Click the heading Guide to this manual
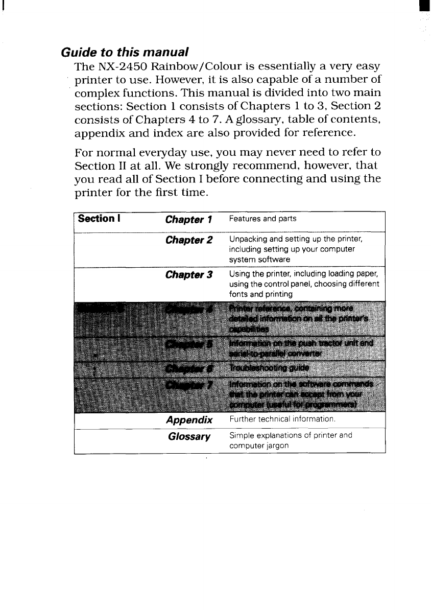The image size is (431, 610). (x=125, y=52)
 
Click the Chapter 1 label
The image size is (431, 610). (x=188, y=220)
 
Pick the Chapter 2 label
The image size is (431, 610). (x=188, y=240)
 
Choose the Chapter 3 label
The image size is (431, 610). (x=188, y=275)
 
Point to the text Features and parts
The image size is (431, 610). (x=262, y=219)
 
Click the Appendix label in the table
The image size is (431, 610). (x=189, y=420)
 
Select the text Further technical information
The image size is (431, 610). (x=282, y=419)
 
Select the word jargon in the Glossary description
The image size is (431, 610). (x=277, y=445)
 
